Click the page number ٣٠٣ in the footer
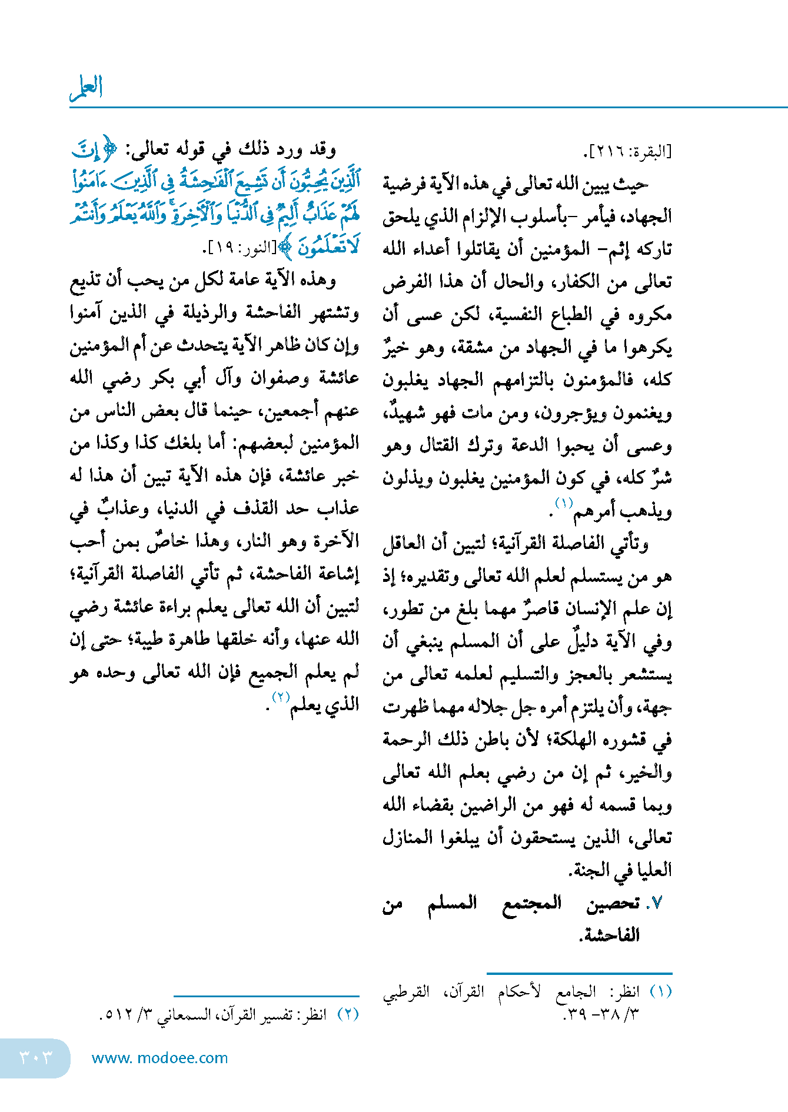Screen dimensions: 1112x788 pos(35,1057)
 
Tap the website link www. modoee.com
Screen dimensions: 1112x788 pos(159,1058)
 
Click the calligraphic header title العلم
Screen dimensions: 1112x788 pos(87,87)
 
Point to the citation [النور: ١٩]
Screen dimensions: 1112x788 pos(242,248)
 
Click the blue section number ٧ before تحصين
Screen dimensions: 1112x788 pos(657,904)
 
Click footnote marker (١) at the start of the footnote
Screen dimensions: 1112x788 pos(661,992)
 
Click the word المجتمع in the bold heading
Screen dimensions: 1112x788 pos(532,903)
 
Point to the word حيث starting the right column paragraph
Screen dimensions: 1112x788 pos(631,185)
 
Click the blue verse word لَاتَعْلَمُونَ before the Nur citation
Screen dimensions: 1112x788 pos(328,247)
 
